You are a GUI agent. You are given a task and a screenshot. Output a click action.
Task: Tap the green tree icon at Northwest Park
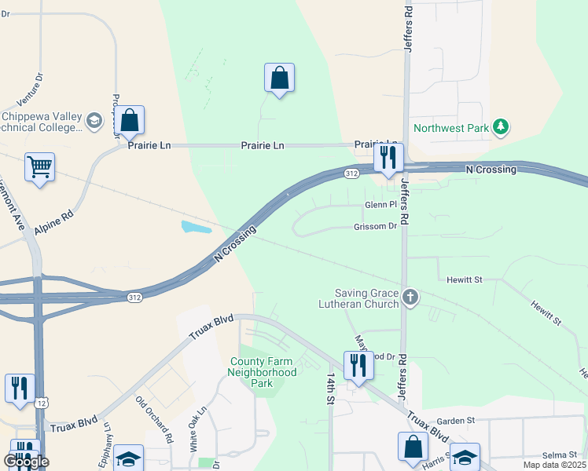click(500, 126)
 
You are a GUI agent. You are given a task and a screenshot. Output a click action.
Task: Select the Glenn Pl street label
click(381, 206)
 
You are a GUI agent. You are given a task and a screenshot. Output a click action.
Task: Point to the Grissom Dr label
click(375, 227)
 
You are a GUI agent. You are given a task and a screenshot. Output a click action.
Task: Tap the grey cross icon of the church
click(410, 297)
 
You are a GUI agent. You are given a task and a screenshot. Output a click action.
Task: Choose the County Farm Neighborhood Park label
click(263, 373)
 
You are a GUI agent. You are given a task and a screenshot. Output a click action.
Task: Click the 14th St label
click(331, 389)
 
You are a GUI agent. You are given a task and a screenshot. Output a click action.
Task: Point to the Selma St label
click(560, 456)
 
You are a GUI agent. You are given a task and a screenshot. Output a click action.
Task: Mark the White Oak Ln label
click(197, 427)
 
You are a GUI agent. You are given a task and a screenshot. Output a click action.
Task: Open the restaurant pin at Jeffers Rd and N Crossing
click(388, 158)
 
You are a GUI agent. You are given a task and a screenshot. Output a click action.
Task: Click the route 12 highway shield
click(40, 403)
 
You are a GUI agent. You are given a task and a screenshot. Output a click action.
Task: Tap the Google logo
click(25, 462)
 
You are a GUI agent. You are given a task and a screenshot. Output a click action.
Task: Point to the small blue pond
click(196, 228)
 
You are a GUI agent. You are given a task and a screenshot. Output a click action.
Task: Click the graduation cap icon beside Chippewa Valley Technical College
click(94, 121)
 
